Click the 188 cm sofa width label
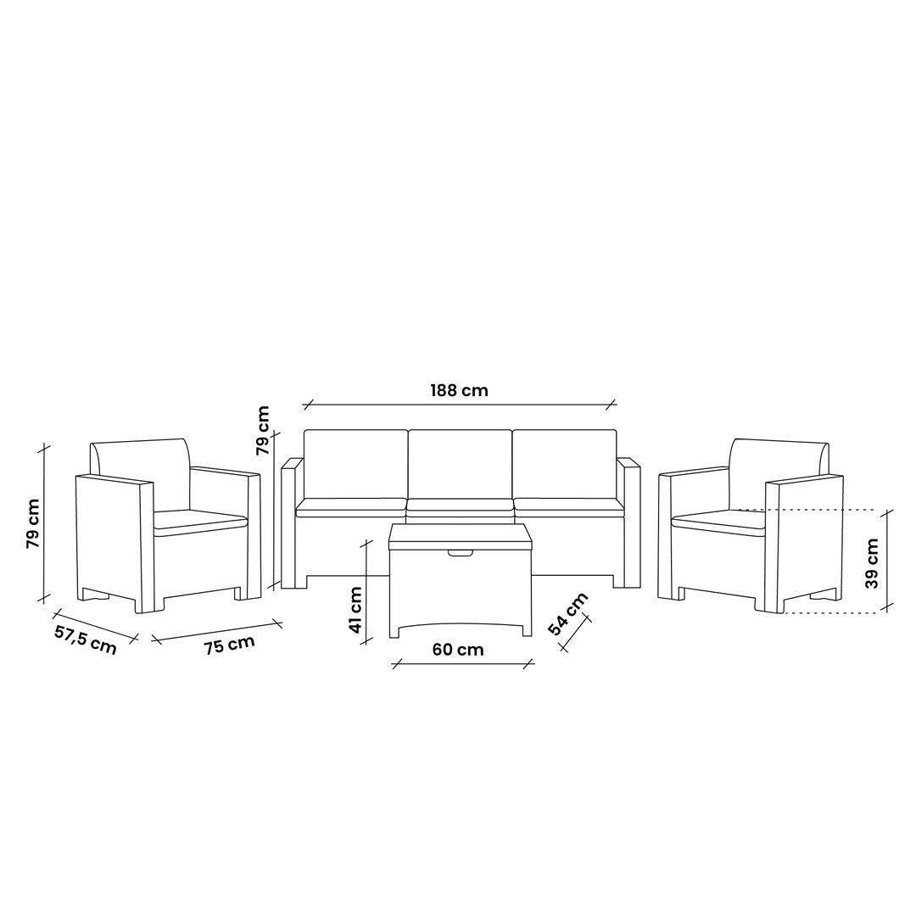pyautogui.click(x=459, y=390)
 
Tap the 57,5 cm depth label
pyautogui.click(x=86, y=639)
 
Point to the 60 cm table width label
pyautogui.click(x=458, y=649)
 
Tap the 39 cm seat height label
pyautogui.click(x=872, y=563)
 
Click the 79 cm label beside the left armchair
pyautogui.click(x=33, y=523)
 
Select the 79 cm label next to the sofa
pyautogui.click(x=263, y=430)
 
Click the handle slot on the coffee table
pyautogui.click(x=461, y=553)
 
